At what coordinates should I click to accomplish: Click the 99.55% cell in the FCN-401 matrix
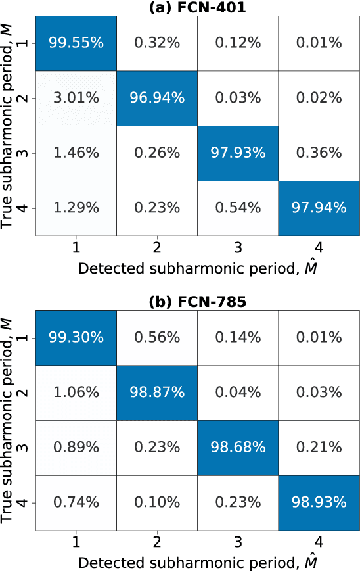[x=76, y=43]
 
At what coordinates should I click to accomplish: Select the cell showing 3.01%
[x=76, y=98]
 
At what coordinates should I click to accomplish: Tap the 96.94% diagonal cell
[x=156, y=98]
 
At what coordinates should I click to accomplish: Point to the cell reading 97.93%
[x=238, y=153]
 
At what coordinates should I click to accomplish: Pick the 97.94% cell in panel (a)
[x=319, y=208]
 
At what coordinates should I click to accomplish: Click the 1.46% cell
[x=76, y=153]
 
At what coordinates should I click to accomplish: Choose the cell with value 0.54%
[x=238, y=208]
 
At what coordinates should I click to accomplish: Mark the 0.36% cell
[x=319, y=153]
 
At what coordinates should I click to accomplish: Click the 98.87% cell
[x=156, y=393]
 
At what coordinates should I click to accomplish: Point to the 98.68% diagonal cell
[x=238, y=447]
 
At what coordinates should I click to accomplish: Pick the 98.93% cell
[x=319, y=502]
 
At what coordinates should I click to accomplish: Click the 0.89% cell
[x=76, y=447]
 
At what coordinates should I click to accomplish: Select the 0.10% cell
[x=156, y=502]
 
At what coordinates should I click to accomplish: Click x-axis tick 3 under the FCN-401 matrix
[x=238, y=247]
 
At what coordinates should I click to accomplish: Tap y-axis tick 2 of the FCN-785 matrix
[x=25, y=393]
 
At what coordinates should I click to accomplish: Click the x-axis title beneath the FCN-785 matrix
[x=197, y=562]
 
